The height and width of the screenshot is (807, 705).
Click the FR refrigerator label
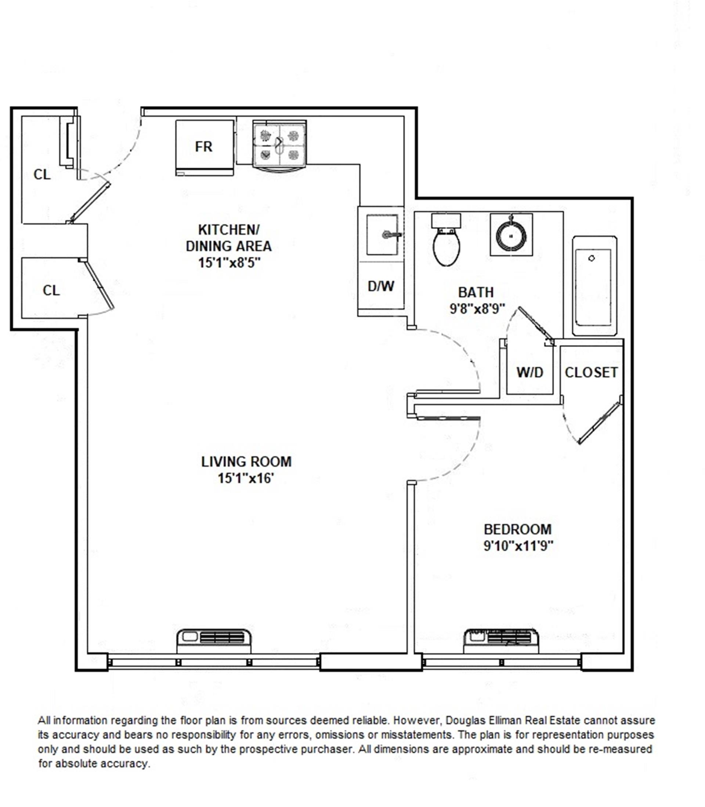tap(203, 147)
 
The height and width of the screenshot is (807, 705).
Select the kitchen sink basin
tap(382, 235)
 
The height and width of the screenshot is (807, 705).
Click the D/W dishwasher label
tap(380, 286)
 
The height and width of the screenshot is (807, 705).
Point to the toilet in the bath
tap(446, 243)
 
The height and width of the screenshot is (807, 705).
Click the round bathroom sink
tap(511, 235)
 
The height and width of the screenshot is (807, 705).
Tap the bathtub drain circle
tap(591, 258)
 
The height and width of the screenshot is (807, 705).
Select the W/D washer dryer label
tap(529, 372)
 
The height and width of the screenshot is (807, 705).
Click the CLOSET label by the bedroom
tap(591, 372)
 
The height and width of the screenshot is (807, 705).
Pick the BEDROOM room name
tap(517, 529)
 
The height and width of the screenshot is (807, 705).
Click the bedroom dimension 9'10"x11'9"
tap(518, 546)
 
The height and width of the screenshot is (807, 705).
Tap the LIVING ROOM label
tap(246, 461)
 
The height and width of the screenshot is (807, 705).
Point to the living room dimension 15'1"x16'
tap(246, 478)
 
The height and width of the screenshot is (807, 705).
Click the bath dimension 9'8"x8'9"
tap(477, 308)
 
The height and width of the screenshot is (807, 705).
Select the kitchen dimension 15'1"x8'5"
tap(229, 262)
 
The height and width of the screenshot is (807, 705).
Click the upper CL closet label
tap(42, 174)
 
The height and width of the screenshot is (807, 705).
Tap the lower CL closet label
tap(51, 291)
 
